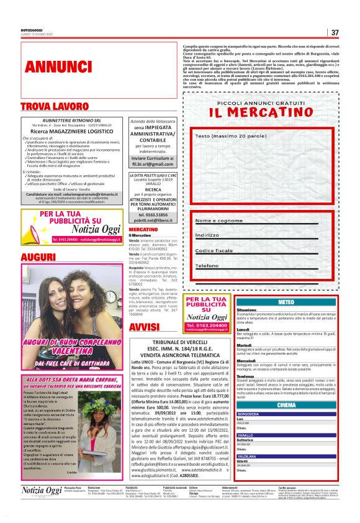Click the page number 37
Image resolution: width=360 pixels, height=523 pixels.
(x=335, y=33)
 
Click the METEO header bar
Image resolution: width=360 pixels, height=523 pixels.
(x=287, y=302)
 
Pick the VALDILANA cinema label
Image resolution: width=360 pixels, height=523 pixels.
(x=247, y=456)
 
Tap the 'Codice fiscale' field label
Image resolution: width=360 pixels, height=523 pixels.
(x=214, y=250)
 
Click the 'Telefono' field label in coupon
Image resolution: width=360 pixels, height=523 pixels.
(x=208, y=265)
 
